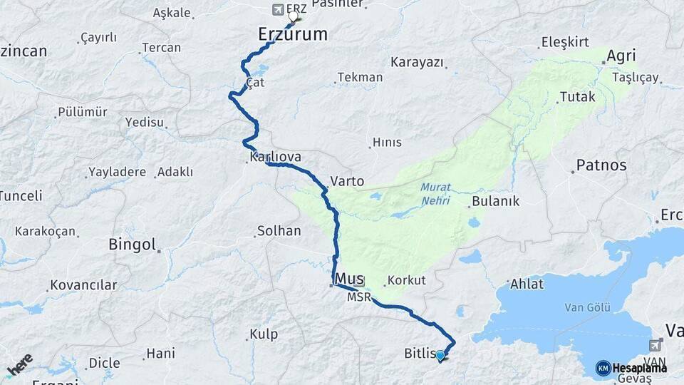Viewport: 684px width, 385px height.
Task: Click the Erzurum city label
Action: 292,34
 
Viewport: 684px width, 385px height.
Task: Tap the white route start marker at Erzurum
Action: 293,16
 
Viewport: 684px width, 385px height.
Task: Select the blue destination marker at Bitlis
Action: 440,355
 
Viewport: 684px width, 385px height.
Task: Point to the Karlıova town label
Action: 275,157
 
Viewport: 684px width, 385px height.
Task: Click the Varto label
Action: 347,181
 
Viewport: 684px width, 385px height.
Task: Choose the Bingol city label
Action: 132,245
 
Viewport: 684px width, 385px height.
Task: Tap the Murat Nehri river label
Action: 435,193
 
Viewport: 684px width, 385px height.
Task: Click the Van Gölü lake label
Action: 586,307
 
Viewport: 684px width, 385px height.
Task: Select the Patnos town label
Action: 601,165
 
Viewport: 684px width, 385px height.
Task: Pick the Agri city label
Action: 621,56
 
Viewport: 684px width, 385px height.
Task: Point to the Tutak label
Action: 577,96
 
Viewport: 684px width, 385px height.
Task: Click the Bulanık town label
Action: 495,201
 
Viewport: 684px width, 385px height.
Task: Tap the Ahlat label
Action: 527,284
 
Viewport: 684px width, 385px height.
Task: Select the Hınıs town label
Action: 388,142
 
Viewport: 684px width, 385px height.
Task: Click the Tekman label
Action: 360,77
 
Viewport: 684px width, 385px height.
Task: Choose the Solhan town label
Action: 279,231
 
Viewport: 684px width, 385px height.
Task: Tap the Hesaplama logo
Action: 631,367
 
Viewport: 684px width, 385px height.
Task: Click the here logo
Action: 20,364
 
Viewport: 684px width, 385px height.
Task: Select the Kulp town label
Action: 263,334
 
